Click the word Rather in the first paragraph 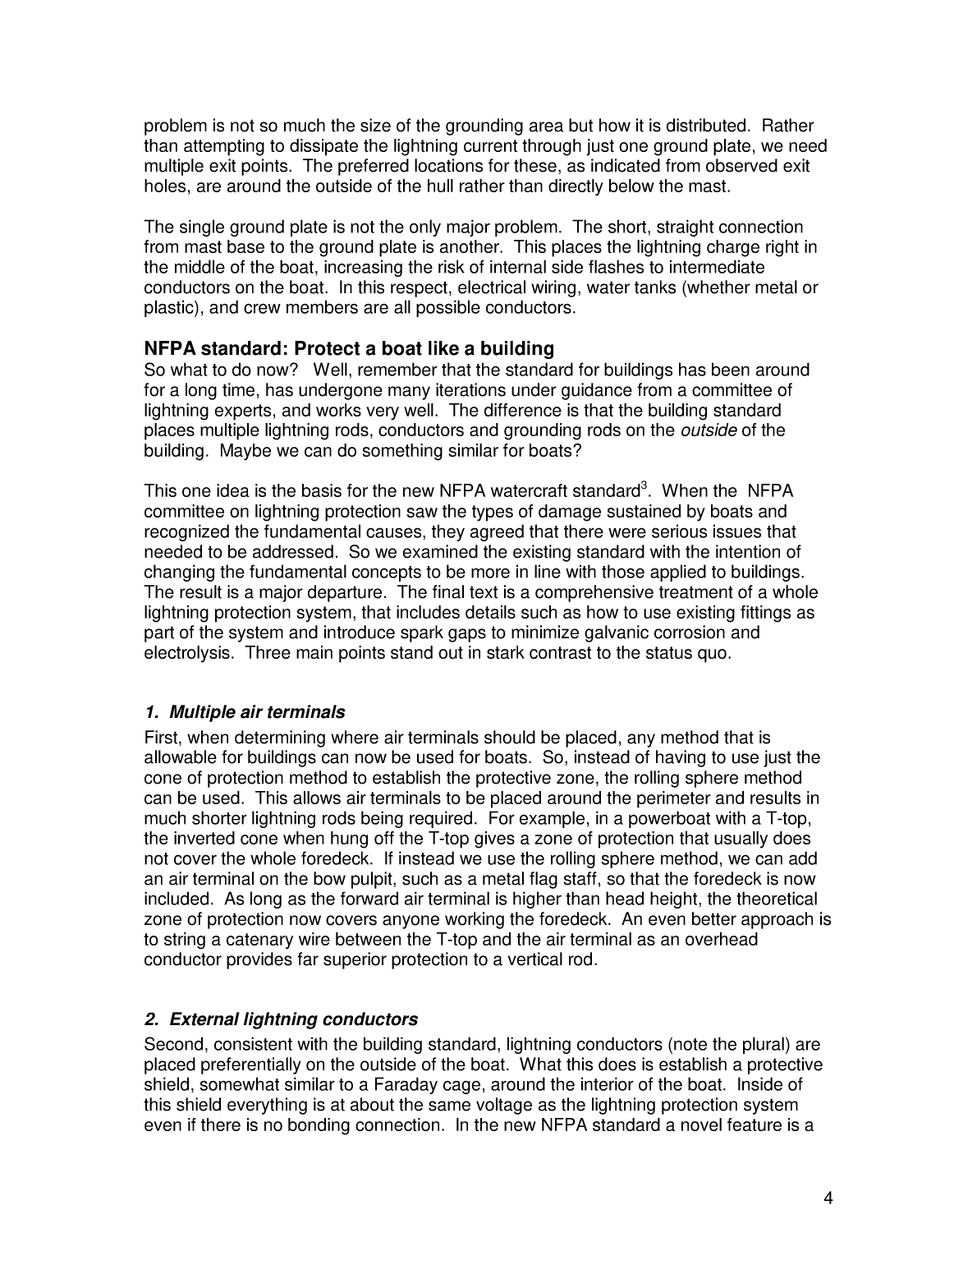[x=788, y=126]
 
